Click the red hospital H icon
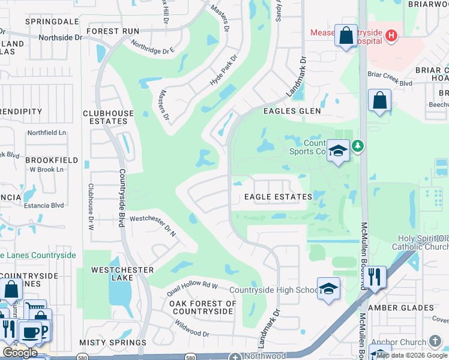pyautogui.click(x=391, y=36)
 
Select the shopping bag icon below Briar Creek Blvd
pyautogui.click(x=381, y=100)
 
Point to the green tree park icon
pyautogui.click(x=358, y=146)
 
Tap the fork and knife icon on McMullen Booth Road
pyautogui.click(x=375, y=277)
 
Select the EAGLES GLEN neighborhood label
pyautogui.click(x=292, y=111)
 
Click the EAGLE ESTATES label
pyautogui.click(x=278, y=197)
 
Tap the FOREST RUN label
pyautogui.click(x=113, y=31)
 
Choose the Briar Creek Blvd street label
pyautogui.click(x=390, y=75)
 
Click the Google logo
pyautogui.click(x=20, y=353)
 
